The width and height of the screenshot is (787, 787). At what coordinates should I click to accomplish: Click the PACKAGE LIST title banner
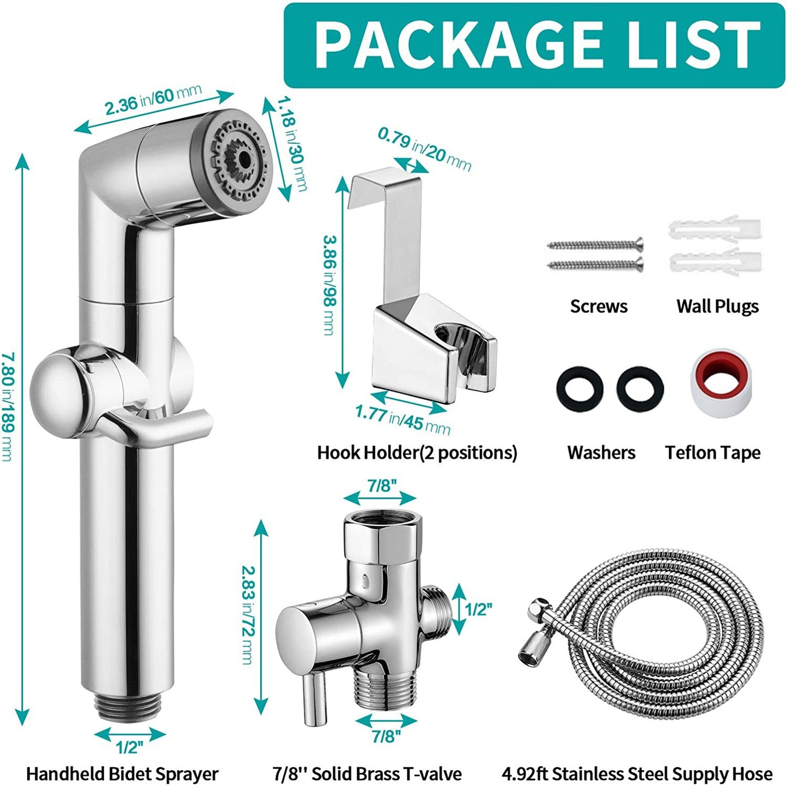coord(534,45)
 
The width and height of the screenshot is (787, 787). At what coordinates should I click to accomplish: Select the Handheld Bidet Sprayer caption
coord(122,773)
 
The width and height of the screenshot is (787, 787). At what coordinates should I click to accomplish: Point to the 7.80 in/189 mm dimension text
coord(8,406)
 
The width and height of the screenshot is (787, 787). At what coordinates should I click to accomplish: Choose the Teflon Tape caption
coord(712,453)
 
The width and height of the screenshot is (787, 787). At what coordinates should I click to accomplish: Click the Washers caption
coord(601,453)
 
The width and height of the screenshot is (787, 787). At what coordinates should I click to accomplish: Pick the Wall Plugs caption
coord(717,306)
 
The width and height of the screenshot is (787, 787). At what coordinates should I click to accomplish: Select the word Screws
coord(599,306)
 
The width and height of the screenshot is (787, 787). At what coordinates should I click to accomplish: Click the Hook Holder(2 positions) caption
coord(417,453)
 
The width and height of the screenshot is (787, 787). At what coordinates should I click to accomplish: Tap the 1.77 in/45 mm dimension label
coord(403,420)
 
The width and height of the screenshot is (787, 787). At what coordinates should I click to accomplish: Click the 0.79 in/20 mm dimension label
coord(424,149)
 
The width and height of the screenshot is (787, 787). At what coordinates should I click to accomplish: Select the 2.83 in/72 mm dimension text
coord(247,615)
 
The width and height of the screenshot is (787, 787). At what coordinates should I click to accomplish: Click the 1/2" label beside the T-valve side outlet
coord(478,609)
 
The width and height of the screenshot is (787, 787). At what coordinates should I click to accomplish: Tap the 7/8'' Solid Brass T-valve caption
coord(367,773)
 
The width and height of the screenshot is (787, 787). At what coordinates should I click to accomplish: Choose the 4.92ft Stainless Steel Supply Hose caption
coord(637,773)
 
